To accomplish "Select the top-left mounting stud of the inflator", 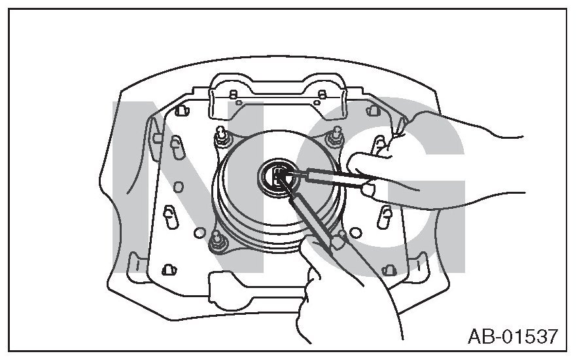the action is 222,138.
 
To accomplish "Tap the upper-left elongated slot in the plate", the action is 176,145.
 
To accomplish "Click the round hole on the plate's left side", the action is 199,233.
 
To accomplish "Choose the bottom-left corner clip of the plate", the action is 168,268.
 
